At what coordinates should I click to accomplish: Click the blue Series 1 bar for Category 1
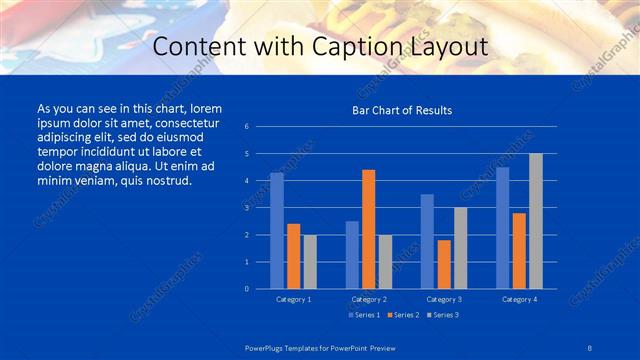click(277, 231)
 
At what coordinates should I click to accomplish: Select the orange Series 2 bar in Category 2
click(369, 229)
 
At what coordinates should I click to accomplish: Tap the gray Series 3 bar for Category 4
click(536, 221)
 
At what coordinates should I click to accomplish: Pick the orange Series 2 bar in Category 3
click(444, 264)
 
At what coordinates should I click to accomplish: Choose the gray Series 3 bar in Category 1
click(310, 262)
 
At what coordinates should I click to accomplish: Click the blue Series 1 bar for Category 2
click(352, 255)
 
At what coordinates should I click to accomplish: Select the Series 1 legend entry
click(364, 315)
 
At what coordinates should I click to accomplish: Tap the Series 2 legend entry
click(403, 315)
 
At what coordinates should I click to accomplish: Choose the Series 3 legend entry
click(442, 315)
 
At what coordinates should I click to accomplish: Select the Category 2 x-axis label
click(369, 299)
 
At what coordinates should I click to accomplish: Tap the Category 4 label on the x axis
click(519, 299)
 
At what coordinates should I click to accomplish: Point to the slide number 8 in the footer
click(589, 347)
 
